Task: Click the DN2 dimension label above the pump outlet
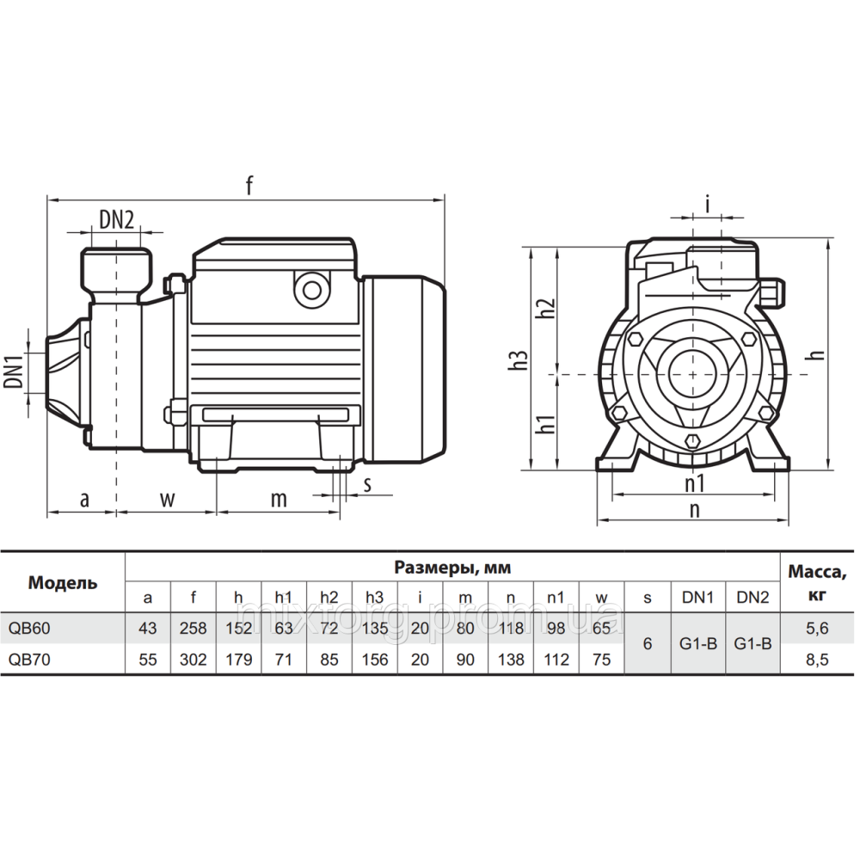coord(116,218)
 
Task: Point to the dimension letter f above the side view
coord(249,185)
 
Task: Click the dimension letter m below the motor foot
coord(279,499)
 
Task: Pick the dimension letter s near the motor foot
coord(367,483)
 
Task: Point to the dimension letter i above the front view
coord(707,204)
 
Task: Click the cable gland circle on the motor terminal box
coord(310,289)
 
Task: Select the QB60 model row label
coord(30,629)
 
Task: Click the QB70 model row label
coord(30,660)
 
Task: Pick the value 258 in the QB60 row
coord(193,629)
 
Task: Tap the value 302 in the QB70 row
coord(193,660)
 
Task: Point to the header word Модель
coord(63,582)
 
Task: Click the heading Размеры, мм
coord(452,568)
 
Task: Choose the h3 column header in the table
coord(375,597)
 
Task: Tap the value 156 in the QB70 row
coord(375,660)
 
